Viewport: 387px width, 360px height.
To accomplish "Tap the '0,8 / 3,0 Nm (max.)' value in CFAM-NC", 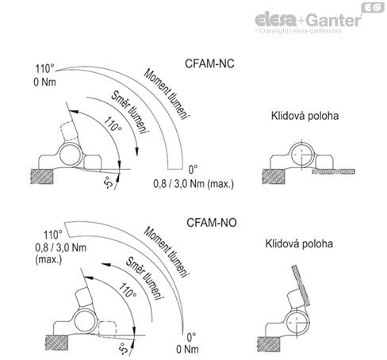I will click(189, 183).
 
